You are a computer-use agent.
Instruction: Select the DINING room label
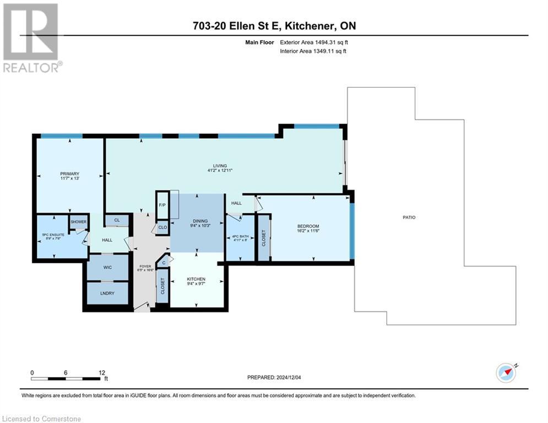tap(197, 220)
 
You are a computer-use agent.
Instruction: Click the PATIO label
tap(409, 218)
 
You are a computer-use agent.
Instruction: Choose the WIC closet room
tap(108, 267)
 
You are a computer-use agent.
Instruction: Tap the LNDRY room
tap(108, 294)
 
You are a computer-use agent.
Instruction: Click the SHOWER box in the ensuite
tap(78, 223)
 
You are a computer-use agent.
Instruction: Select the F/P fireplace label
tap(162, 205)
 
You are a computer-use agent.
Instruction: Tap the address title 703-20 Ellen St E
tap(274, 25)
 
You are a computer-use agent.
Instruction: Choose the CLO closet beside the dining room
tap(162, 227)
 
